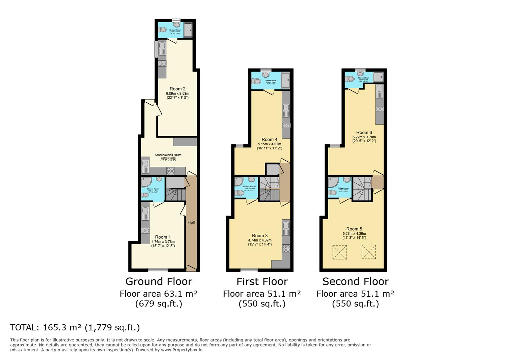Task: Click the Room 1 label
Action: (163, 237)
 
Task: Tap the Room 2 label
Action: (177, 89)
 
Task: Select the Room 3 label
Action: (260, 235)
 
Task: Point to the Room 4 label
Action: (269, 139)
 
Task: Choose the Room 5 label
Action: (354, 229)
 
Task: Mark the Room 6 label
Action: (364, 132)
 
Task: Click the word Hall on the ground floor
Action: (191, 223)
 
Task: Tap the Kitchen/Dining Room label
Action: (168, 155)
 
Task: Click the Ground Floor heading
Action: (158, 281)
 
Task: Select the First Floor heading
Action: (262, 281)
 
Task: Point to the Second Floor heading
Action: (355, 281)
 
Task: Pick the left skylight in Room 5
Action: (340, 252)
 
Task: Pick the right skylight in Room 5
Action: (369, 252)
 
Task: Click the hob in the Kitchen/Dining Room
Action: (170, 171)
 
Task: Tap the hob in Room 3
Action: (286, 248)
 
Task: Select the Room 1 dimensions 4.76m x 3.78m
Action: (163, 242)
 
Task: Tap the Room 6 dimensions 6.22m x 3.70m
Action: (364, 137)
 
